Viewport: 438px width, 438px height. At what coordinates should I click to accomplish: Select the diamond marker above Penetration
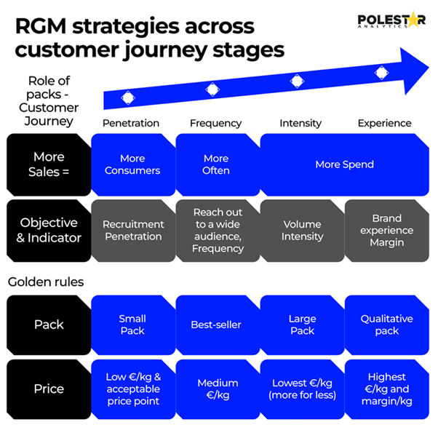click(x=128, y=97)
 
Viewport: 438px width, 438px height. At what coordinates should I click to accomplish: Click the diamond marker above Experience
click(x=381, y=71)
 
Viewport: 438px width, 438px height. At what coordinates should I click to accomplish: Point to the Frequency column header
click(x=215, y=123)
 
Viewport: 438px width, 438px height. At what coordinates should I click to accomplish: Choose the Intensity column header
click(x=300, y=123)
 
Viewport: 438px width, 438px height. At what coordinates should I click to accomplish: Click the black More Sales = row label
click(x=49, y=164)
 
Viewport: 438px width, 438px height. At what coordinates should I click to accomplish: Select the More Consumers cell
click(x=132, y=164)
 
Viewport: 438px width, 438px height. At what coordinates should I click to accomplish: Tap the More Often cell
click(x=216, y=164)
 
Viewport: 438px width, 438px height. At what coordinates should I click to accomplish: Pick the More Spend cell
click(x=344, y=164)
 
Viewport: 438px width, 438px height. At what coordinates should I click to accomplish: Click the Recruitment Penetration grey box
click(x=133, y=230)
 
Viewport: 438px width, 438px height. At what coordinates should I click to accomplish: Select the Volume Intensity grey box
click(x=301, y=230)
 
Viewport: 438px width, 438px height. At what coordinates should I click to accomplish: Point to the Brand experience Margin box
click(x=386, y=230)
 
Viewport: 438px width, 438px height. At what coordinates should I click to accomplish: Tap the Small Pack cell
click(x=132, y=324)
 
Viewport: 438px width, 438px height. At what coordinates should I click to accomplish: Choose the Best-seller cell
click(x=216, y=324)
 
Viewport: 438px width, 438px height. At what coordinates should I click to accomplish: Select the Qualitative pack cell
click(x=386, y=324)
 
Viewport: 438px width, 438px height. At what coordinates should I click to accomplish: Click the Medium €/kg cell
click(x=216, y=389)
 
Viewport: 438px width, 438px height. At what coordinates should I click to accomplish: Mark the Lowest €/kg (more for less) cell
click(x=301, y=389)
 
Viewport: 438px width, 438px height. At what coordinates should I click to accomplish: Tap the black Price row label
click(x=49, y=389)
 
